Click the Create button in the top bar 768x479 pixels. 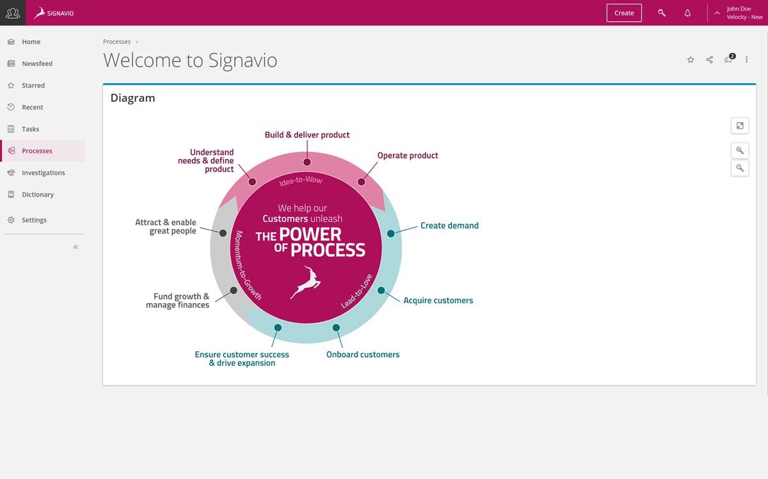pyautogui.click(x=624, y=13)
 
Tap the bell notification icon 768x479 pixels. pyautogui.click(x=687, y=13)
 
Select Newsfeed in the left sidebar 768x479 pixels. pyautogui.click(x=37, y=64)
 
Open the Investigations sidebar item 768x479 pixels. pyautogui.click(x=43, y=173)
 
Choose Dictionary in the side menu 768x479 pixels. pyautogui.click(x=38, y=194)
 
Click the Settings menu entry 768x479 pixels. pyautogui.click(x=34, y=220)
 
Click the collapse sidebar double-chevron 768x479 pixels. pyautogui.click(x=76, y=247)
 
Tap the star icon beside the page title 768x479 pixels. pyautogui.click(x=691, y=59)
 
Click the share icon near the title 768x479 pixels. pyautogui.click(x=710, y=59)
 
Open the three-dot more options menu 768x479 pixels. pyautogui.click(x=747, y=59)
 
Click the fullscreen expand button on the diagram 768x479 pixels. pyautogui.click(x=740, y=125)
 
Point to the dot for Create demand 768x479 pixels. pyautogui.click(x=391, y=233)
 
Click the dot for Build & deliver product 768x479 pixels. pyautogui.click(x=307, y=162)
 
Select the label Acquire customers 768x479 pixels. pyautogui.click(x=438, y=301)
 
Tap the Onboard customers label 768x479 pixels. pyautogui.click(x=363, y=354)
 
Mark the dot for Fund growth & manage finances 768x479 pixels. pyautogui.click(x=234, y=290)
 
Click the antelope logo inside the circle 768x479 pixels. pyautogui.click(x=306, y=282)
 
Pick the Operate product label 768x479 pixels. pyautogui.click(x=408, y=155)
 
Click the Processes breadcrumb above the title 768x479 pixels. pyautogui.click(x=116, y=42)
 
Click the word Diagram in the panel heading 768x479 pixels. pyautogui.click(x=132, y=98)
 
